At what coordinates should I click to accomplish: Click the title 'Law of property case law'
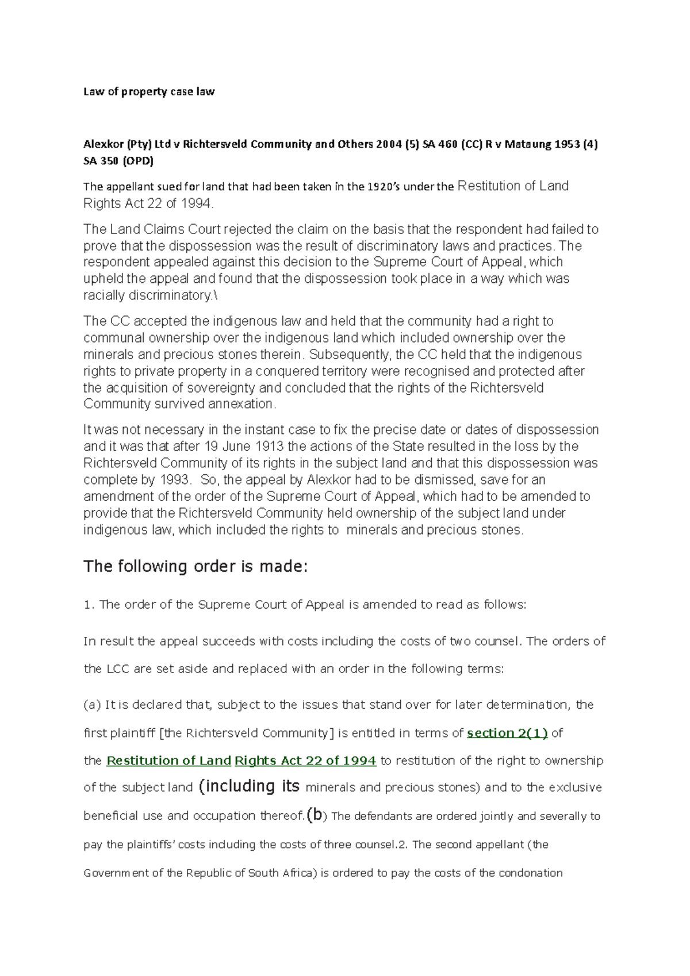click(149, 91)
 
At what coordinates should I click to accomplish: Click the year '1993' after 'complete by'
click(173, 480)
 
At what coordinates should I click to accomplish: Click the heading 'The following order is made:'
click(196, 567)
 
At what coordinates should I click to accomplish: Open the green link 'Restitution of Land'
click(169, 760)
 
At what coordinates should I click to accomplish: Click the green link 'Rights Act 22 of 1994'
click(305, 760)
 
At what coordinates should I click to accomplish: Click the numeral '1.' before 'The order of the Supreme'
click(89, 605)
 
